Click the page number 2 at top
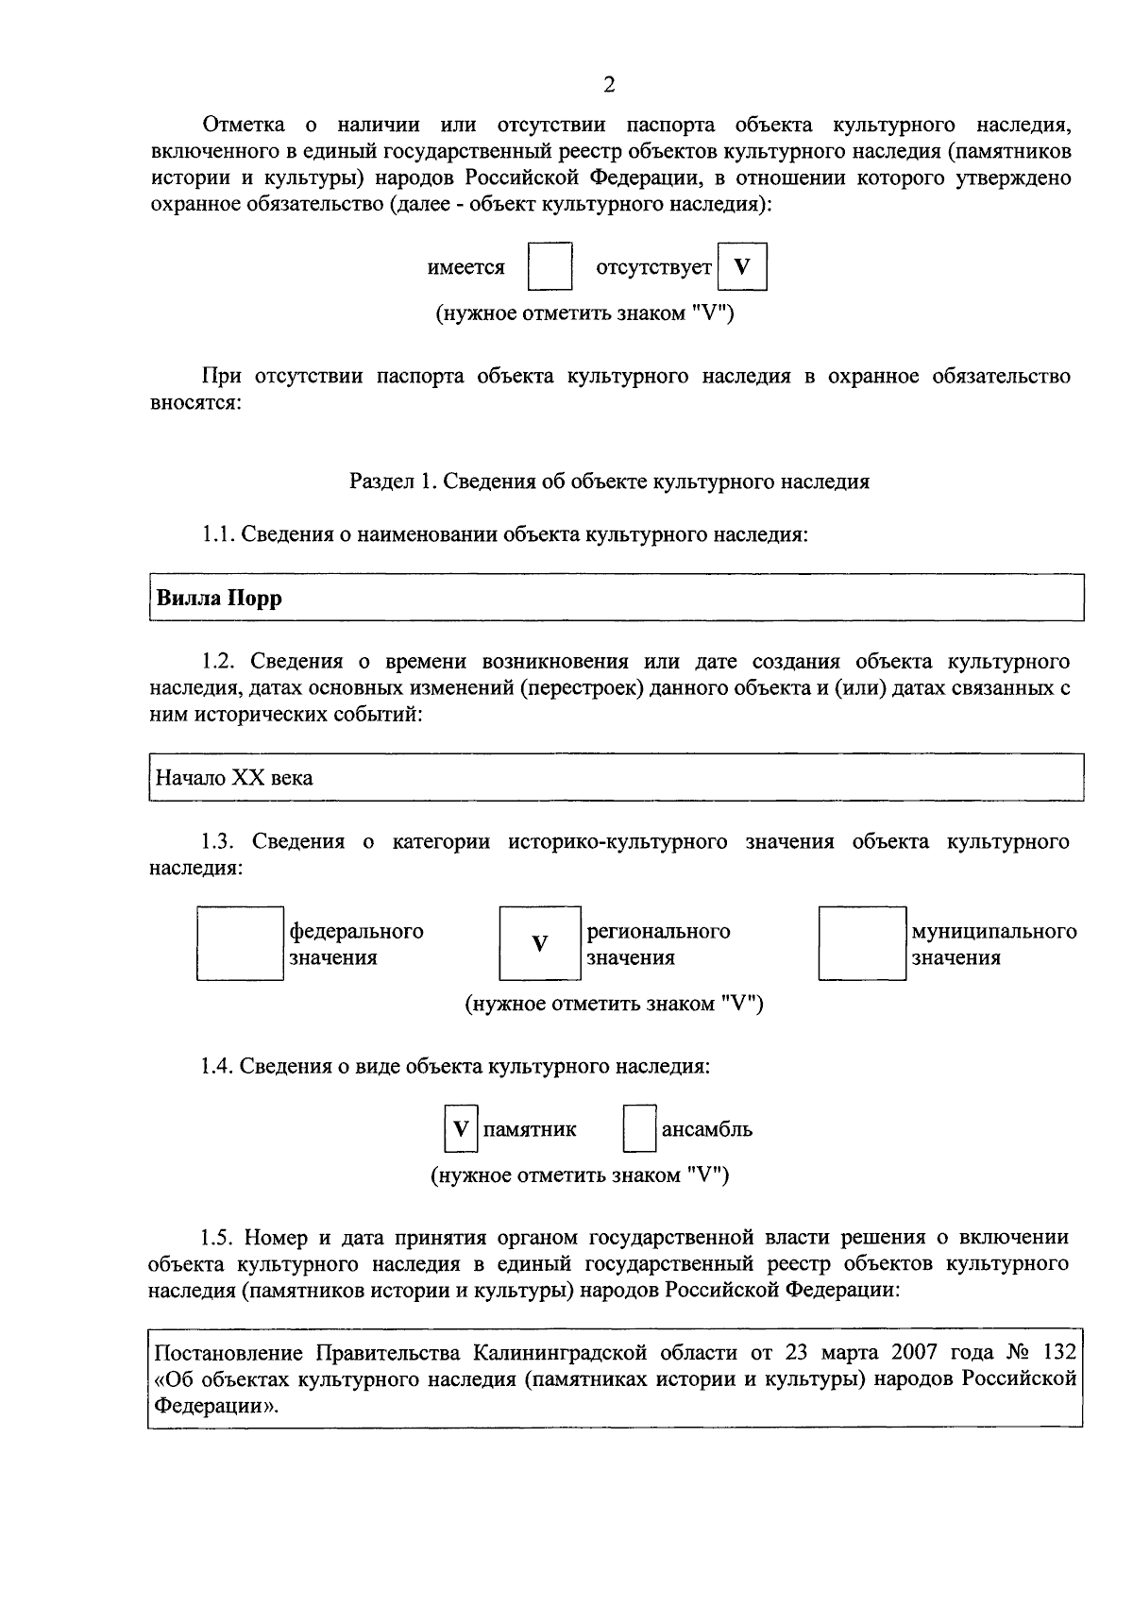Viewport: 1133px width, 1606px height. coord(609,85)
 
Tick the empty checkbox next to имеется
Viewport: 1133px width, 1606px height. coord(550,267)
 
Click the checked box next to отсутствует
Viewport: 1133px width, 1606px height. coord(742,267)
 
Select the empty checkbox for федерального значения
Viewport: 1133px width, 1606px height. coord(240,943)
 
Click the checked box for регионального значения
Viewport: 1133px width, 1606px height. coord(539,943)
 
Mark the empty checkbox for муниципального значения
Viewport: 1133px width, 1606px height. coord(861,943)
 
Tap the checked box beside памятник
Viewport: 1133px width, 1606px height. coord(460,1129)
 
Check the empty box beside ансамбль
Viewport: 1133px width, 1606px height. coord(639,1129)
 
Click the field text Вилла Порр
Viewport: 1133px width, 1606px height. coord(219,599)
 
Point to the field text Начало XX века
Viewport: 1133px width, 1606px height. coord(234,778)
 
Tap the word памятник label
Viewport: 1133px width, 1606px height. coord(530,1129)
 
